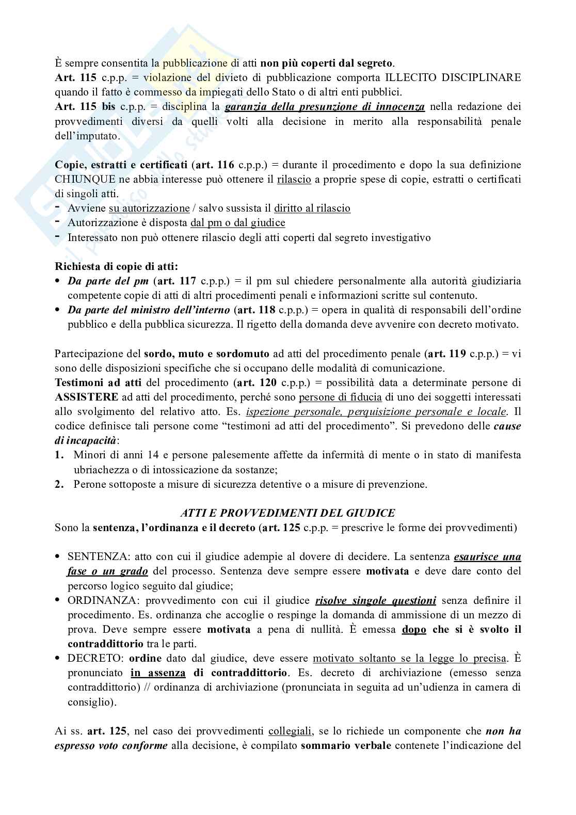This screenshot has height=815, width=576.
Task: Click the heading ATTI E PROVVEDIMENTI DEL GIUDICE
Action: pos(287,513)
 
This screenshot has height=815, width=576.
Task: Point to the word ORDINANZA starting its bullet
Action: pos(98,600)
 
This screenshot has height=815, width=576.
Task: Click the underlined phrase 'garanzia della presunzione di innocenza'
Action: pos(325,107)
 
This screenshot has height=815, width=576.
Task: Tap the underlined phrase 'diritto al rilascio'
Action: pos(312,209)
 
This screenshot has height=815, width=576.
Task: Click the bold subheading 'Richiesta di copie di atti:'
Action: pos(116,267)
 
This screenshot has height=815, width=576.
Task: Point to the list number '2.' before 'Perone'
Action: pos(60,485)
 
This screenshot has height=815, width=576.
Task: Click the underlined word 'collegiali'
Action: pos(290,731)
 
